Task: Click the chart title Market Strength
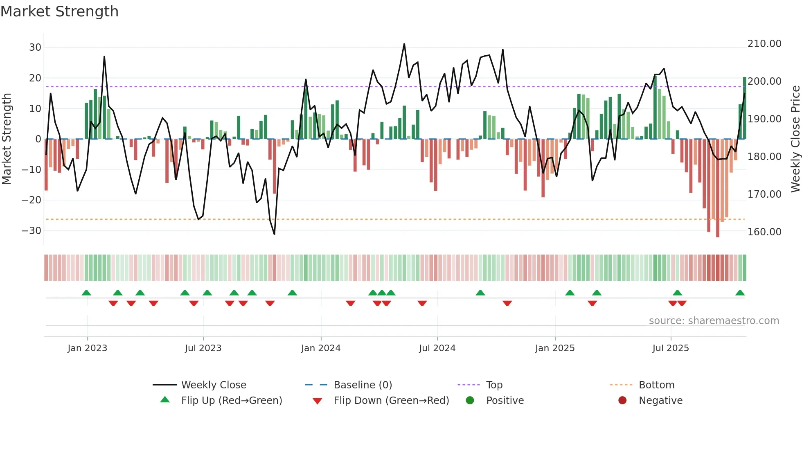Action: click(59, 11)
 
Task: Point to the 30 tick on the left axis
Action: click(35, 47)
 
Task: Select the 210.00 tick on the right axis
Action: click(764, 44)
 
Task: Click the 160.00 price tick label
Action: click(764, 232)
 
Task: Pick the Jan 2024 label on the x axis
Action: click(321, 348)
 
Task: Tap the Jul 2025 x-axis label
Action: click(671, 348)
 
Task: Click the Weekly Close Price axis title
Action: click(795, 139)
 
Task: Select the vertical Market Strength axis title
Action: click(7, 139)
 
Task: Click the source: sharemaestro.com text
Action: click(714, 321)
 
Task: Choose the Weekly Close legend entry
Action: click(213, 385)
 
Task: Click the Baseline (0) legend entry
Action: click(363, 385)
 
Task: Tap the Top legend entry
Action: click(494, 385)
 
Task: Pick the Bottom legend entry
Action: click(656, 385)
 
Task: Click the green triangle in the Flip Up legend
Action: click(165, 400)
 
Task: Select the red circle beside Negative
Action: click(622, 401)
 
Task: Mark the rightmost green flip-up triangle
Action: click(740, 293)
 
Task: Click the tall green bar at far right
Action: click(745, 108)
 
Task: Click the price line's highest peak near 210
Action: click(404, 44)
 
